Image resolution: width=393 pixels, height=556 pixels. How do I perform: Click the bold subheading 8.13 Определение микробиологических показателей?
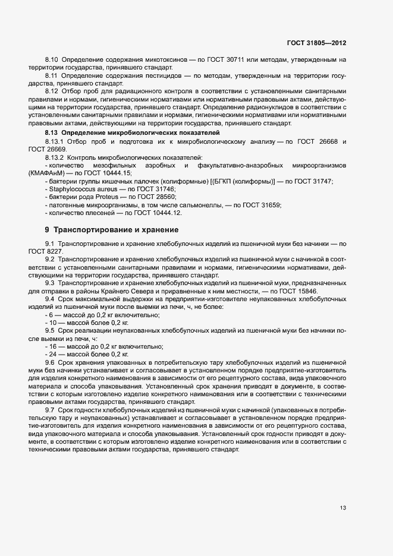click(133, 132)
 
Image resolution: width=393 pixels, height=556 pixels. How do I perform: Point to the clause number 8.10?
click(52, 61)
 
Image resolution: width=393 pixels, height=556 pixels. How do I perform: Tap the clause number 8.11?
click(52, 77)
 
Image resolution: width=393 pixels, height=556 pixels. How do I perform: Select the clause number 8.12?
click(52, 91)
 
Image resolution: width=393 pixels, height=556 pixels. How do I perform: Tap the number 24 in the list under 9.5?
click(53, 354)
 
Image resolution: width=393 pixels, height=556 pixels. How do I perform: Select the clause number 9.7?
click(50, 410)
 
